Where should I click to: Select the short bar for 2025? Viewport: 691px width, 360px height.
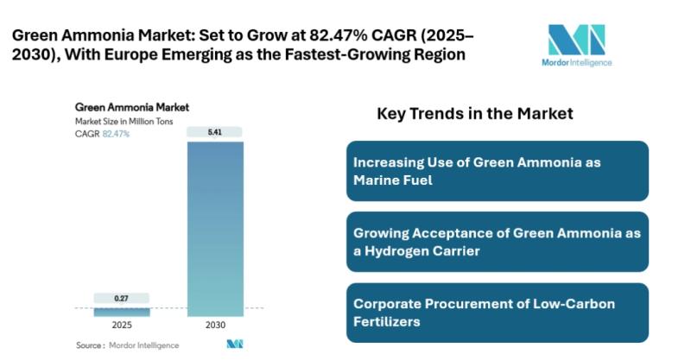pyautogui.click(x=122, y=312)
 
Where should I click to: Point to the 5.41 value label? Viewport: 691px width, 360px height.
pyautogui.click(x=215, y=132)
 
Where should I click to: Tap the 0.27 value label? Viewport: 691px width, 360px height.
pyautogui.click(x=122, y=299)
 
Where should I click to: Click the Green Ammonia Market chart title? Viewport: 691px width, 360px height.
pyautogui.click(x=132, y=108)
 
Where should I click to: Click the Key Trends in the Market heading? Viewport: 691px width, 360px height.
pyautogui.click(x=475, y=113)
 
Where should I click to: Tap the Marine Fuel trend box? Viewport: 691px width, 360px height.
pyautogui.click(x=497, y=171)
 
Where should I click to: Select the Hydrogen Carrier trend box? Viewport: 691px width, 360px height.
pyautogui.click(x=497, y=242)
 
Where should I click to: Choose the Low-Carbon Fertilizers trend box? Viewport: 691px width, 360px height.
pyautogui.click(x=497, y=313)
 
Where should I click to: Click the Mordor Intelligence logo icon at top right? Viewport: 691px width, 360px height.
pyautogui.click(x=576, y=41)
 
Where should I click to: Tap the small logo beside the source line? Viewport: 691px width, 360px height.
pyautogui.click(x=234, y=344)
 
